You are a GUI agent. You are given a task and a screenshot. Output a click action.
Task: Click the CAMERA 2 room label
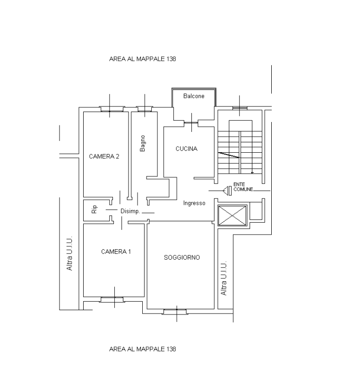(104, 157)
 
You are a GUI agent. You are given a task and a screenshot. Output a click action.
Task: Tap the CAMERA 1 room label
(116, 252)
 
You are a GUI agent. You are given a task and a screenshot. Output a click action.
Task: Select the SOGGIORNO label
(182, 257)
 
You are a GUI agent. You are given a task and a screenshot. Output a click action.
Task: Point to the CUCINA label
(187, 149)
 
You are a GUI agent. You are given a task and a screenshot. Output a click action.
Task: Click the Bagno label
(143, 143)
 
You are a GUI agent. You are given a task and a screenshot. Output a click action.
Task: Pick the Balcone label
(194, 96)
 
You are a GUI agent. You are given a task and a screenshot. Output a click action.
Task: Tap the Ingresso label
(194, 203)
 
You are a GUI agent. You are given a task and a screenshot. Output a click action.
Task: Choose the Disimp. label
(130, 211)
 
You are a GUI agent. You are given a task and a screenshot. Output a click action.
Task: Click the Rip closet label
(94, 209)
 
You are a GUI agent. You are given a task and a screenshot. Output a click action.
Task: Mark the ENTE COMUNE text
(243, 187)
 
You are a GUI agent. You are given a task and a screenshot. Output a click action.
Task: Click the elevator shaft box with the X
(233, 216)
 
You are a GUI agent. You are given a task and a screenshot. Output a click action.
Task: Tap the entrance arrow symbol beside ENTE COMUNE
(227, 191)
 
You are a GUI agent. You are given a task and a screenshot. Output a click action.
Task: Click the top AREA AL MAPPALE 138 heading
(143, 59)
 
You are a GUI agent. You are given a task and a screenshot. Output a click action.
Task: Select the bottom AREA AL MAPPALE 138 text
(143, 349)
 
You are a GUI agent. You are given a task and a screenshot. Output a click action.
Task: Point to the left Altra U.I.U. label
(69, 253)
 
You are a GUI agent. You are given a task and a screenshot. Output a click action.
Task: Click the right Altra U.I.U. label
(224, 278)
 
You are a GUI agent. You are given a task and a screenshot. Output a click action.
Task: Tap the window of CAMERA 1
(112, 299)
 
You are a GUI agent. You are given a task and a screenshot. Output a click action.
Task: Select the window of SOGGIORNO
(175, 312)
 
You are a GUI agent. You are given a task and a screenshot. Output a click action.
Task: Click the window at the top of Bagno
(145, 109)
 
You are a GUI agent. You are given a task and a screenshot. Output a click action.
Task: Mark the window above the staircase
(240, 108)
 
